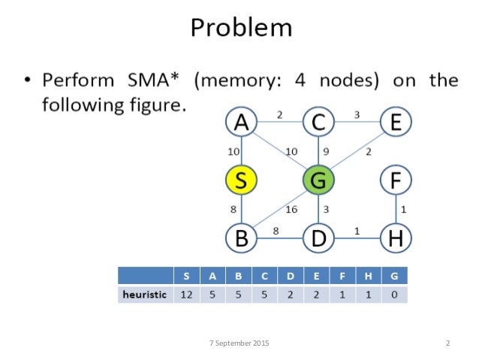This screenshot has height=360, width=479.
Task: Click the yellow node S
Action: [x=242, y=180]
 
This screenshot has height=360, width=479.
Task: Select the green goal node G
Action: [x=318, y=180]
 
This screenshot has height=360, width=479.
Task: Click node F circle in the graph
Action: [x=395, y=180]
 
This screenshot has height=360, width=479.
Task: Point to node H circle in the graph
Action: [x=395, y=238]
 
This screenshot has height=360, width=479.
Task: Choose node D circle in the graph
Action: [x=318, y=238]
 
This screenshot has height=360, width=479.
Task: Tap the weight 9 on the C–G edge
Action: [x=327, y=151]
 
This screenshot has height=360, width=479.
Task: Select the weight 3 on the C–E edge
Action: [x=357, y=114]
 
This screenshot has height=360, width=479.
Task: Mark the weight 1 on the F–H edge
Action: [x=403, y=209]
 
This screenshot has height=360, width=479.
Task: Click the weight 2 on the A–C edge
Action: [x=279, y=114]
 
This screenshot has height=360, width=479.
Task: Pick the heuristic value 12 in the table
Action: [x=186, y=295]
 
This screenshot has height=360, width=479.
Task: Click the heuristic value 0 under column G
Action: [x=394, y=295]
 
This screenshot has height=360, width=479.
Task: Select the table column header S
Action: [x=186, y=275]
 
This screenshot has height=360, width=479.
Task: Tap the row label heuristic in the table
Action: [x=144, y=295]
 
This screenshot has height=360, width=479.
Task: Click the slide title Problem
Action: [x=240, y=28]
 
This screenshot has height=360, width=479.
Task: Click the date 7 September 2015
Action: [x=239, y=343]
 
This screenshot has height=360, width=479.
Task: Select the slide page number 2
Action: [x=447, y=343]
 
